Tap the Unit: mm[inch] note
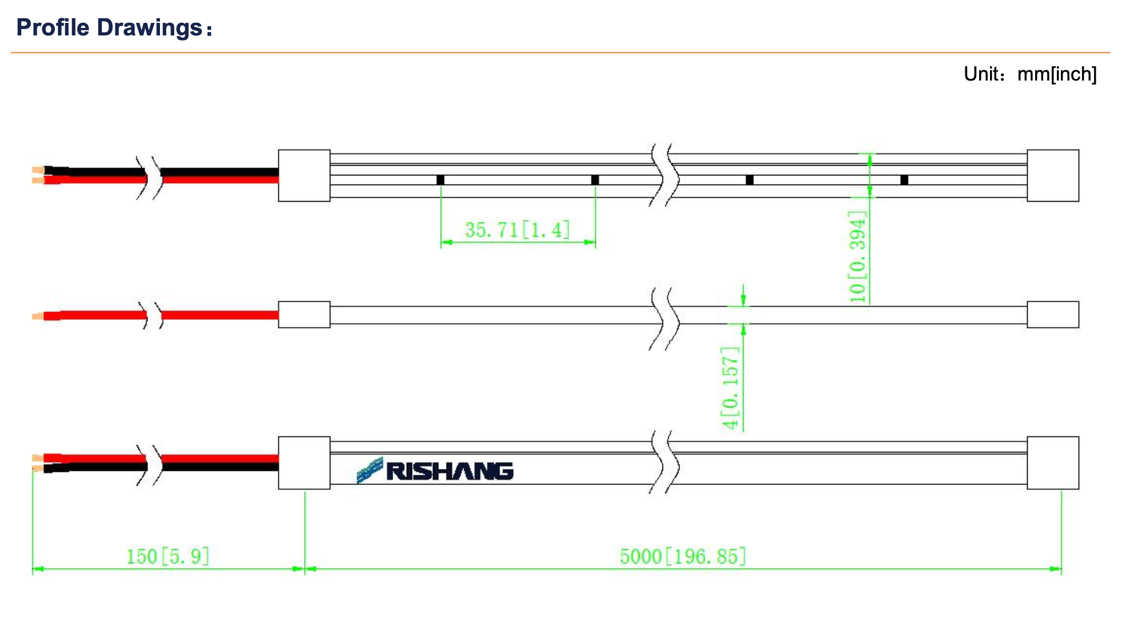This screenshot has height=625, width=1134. tap(1029, 74)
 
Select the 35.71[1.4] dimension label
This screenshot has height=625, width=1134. tap(517, 230)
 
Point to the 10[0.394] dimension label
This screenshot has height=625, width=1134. tap(857, 257)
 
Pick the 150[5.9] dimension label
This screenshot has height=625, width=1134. tap(167, 556)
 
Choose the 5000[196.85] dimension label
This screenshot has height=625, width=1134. tap(682, 556)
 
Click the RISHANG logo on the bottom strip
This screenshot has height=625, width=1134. tap(436, 471)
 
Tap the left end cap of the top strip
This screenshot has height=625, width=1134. tap(304, 175)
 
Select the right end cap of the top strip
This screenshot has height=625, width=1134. tap(1053, 175)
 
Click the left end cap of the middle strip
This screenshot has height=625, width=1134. tap(304, 315)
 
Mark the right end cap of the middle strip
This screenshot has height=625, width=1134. tap(1053, 315)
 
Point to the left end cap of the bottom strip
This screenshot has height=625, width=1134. tap(304, 463)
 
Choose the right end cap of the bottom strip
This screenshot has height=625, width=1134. tap(1053, 463)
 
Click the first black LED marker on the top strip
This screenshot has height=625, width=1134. tap(440, 180)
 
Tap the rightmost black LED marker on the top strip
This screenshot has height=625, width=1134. tap(904, 180)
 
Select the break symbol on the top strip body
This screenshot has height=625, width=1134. tap(664, 175)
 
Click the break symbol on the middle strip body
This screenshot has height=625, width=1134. tap(664, 318)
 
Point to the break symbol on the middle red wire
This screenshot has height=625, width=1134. tap(153, 315)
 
